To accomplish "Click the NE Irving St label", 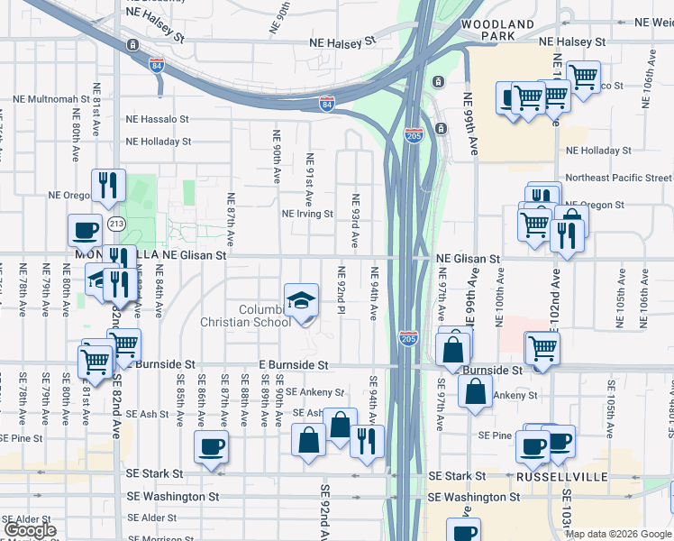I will pyautogui.click(x=307, y=215).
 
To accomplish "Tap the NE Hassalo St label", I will pyautogui.click(x=158, y=119).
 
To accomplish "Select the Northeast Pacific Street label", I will pyautogui.click(x=618, y=179).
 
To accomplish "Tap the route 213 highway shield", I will pyautogui.click(x=116, y=223).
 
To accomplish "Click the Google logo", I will pyautogui.click(x=29, y=530).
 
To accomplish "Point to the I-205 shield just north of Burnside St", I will pyautogui.click(x=408, y=337).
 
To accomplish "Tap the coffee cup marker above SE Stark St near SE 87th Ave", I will pyautogui.click(x=211, y=446).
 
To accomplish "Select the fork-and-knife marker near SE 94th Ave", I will pyautogui.click(x=367, y=440).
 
